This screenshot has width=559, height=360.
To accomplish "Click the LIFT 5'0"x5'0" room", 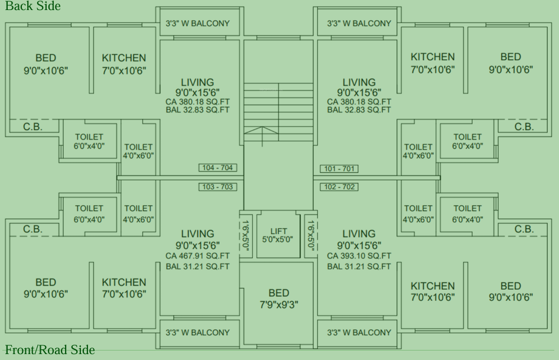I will [278, 235].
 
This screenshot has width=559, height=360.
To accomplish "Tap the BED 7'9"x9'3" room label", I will [279, 299].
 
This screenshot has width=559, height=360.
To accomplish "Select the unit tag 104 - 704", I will [218, 168].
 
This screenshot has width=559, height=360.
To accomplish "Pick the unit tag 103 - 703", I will [218, 187].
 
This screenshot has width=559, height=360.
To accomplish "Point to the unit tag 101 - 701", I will [339, 168].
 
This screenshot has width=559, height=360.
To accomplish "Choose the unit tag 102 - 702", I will [339, 187].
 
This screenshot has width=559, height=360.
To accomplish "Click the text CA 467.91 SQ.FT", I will [197, 256].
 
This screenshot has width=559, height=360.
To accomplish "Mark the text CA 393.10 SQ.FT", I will [359, 256].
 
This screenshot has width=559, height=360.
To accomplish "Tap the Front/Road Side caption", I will [50, 350].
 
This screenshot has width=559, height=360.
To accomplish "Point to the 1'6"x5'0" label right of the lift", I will [310, 235].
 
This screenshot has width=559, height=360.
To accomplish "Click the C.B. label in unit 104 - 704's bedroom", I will [32, 127].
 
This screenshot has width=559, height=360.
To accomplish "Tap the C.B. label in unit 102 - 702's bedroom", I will [524, 229].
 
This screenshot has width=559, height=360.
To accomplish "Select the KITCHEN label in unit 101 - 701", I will [433, 63].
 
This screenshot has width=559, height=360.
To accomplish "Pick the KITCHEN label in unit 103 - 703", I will [124, 288].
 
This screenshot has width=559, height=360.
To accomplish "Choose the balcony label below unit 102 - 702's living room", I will [359, 332].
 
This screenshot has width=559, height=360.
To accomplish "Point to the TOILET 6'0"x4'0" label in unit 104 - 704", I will [89, 142].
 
